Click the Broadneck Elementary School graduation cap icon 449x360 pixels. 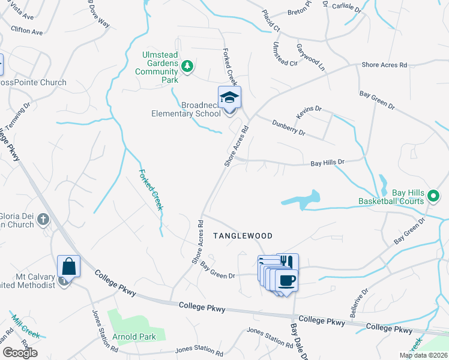point(229,98)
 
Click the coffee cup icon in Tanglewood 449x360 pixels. point(287,280)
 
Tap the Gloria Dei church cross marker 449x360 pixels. point(43,220)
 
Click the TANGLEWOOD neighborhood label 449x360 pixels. point(241,236)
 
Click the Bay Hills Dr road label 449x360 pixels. point(327,162)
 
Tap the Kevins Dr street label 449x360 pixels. point(309,112)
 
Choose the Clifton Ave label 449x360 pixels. point(27,29)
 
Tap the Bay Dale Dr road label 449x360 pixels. point(298,341)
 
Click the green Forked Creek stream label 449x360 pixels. point(151,190)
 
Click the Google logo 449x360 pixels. point(20,353)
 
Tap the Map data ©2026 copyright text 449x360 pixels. point(423,355)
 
